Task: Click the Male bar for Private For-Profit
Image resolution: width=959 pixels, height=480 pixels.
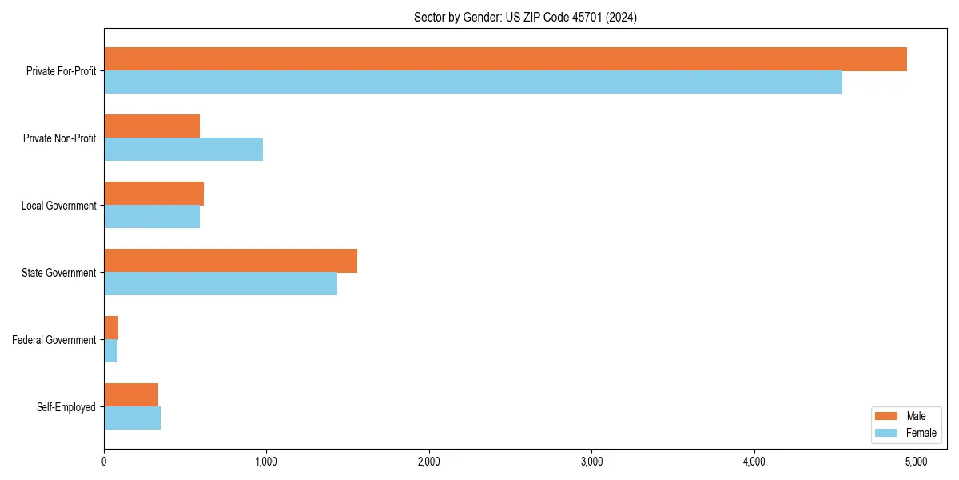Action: point(505,59)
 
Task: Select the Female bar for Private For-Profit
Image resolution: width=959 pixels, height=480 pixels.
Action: point(473,82)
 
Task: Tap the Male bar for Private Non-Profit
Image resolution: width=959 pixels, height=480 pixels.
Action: point(152,126)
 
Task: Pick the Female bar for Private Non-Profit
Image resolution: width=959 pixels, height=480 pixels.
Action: point(183,150)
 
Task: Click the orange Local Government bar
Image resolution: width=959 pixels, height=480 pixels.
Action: point(153,194)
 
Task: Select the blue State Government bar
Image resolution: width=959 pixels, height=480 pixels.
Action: point(221,284)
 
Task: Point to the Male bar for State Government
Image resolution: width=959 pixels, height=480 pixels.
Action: point(230,261)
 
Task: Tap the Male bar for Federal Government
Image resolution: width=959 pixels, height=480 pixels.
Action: point(111,328)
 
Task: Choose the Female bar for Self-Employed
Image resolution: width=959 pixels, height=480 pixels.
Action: point(132,418)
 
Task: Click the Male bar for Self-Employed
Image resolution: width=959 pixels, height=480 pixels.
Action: point(131,395)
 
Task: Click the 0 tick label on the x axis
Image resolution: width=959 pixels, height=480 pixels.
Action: point(104,462)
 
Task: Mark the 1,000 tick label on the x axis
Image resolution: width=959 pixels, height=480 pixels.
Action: point(266,462)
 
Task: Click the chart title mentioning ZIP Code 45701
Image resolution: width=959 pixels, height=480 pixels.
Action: point(525,17)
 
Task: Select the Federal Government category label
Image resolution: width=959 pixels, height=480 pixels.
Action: point(54,340)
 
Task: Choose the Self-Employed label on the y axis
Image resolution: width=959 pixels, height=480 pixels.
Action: point(66,407)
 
